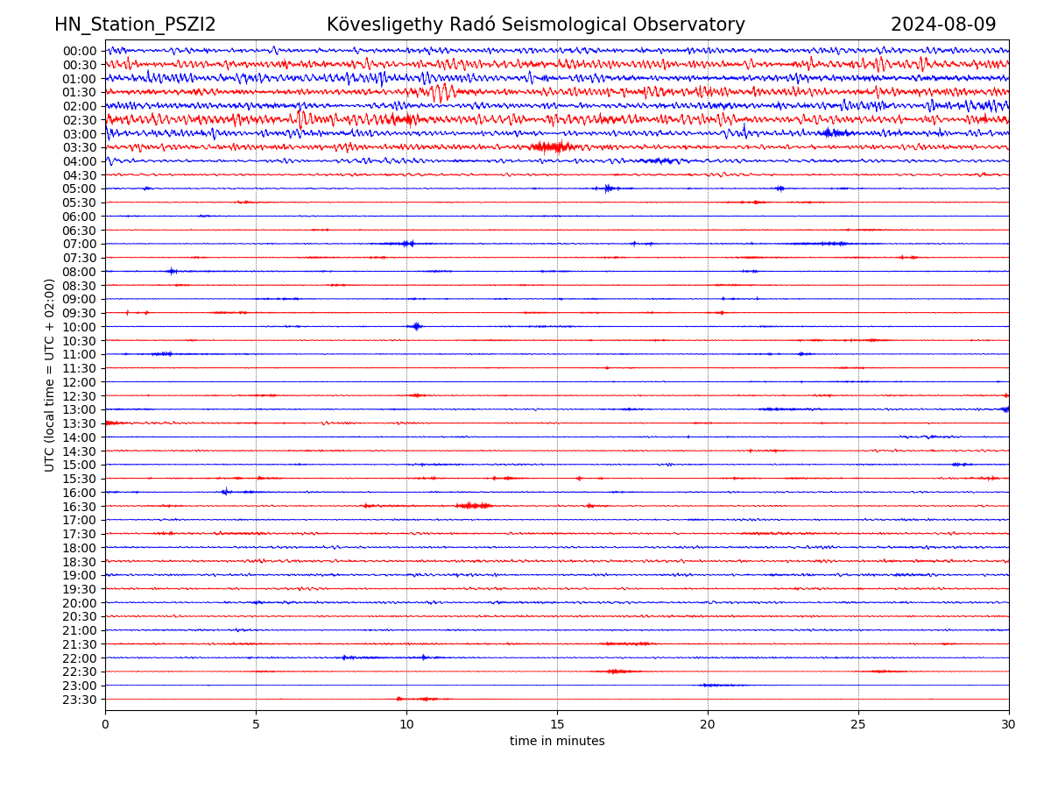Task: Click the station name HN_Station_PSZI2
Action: [x=135, y=25]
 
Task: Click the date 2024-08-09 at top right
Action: [x=943, y=25]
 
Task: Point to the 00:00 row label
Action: [x=79, y=51]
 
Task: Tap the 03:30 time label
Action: [x=79, y=147]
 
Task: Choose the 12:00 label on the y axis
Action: [x=79, y=382]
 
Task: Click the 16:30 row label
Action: [x=79, y=507]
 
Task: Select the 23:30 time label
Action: [x=79, y=700]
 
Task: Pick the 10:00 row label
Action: [x=79, y=327]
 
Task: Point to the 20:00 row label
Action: [x=79, y=603]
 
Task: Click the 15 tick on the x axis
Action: [x=557, y=724]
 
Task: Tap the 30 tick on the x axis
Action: [x=1009, y=724]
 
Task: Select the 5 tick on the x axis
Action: [x=256, y=724]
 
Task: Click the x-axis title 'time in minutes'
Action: [x=557, y=742]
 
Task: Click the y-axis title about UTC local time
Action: [x=50, y=375]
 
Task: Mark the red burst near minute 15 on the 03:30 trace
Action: [x=552, y=146]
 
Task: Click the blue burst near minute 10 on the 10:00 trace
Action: [x=416, y=326]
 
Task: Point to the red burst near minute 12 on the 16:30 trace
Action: [x=473, y=506]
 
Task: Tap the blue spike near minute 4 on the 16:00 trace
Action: [x=225, y=492]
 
